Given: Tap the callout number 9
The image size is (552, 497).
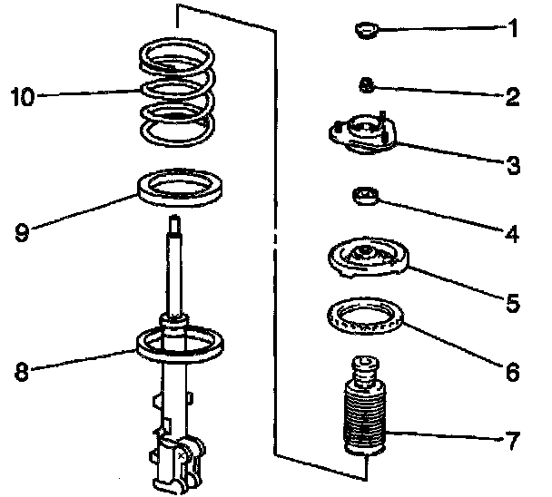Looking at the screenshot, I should point(21,232).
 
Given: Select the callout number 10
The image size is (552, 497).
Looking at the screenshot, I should point(23,96).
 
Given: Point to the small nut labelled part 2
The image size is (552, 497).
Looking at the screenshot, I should point(367,87).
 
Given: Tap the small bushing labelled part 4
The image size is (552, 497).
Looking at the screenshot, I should point(365,196).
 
